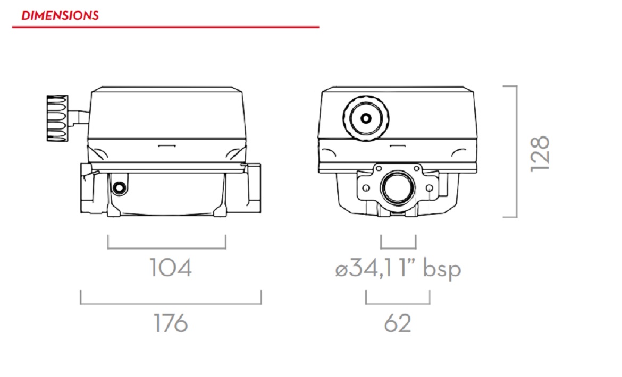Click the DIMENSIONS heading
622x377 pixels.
click(60, 15)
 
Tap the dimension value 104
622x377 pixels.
click(170, 268)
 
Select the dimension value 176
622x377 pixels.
click(171, 323)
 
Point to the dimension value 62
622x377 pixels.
click(398, 323)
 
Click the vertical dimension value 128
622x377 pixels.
click(540, 153)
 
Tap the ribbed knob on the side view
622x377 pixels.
click(57, 118)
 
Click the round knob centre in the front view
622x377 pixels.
click(366, 118)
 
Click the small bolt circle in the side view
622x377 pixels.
click(119, 187)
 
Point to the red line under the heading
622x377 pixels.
click(165, 27)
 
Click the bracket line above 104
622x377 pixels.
click(167, 248)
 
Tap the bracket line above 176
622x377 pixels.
click(171, 304)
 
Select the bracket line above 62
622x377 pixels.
click(398, 304)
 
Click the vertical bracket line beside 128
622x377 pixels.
click(516, 151)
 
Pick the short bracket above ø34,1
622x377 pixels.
click(398, 247)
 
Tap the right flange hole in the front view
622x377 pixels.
click(430, 188)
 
